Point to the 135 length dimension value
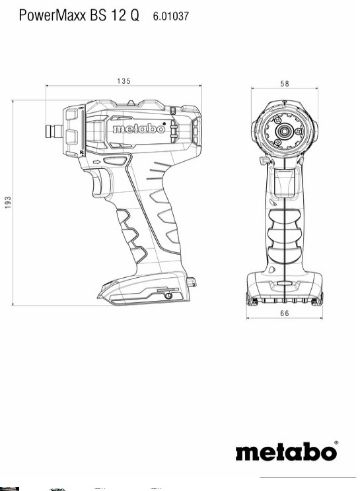click(x=124, y=81)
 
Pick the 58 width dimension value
click(x=284, y=84)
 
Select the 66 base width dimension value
click(x=284, y=313)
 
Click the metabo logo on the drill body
click(x=138, y=129)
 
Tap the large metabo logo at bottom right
click(x=286, y=452)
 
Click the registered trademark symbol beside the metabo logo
click(x=336, y=442)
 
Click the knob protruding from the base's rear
click(x=193, y=282)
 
